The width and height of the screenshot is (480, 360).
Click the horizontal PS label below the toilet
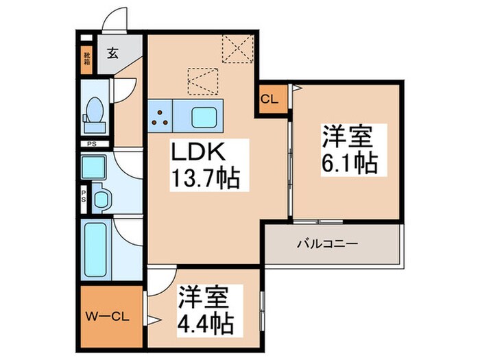(x=91, y=144)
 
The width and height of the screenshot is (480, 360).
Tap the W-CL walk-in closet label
(x=106, y=316)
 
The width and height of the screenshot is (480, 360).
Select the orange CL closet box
(x=269, y=99)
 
